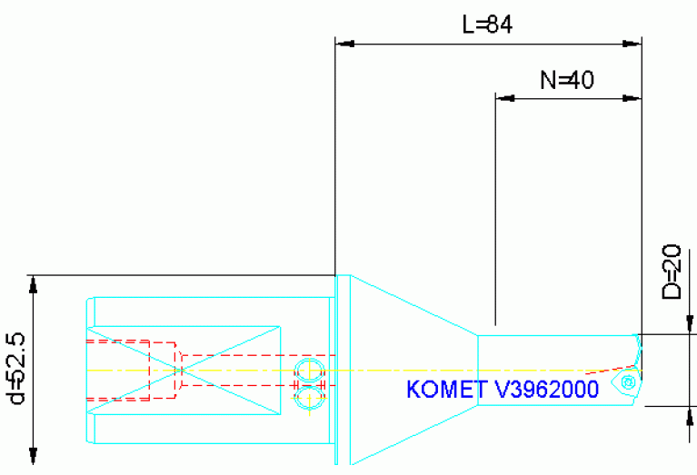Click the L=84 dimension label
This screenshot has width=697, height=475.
(x=487, y=25)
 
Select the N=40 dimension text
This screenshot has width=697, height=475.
(x=566, y=80)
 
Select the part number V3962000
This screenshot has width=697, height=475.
(x=545, y=390)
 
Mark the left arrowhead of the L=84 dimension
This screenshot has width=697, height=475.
(x=344, y=43)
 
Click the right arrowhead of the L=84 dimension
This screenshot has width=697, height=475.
(x=633, y=43)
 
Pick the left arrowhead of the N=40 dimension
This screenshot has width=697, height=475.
(x=503, y=95)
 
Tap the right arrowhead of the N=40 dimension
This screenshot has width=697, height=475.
(x=633, y=95)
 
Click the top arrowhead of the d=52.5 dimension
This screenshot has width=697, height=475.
(x=34, y=283)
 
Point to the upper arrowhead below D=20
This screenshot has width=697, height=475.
(x=689, y=325)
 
